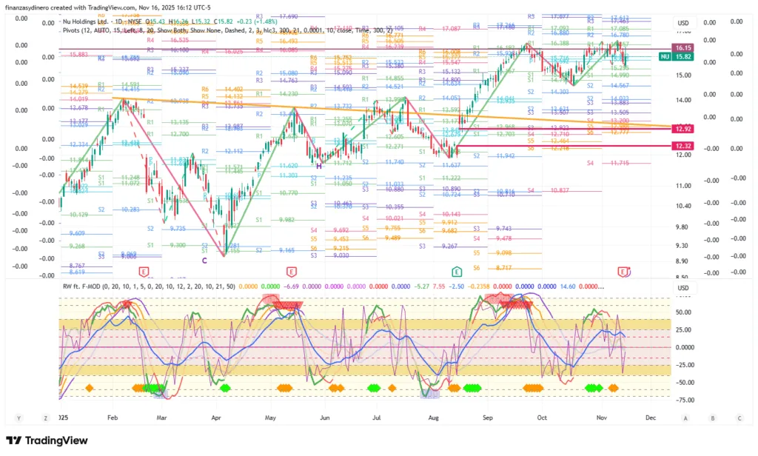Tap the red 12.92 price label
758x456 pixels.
[683, 129]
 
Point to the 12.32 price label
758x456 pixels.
[683, 147]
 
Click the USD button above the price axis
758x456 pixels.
[682, 23]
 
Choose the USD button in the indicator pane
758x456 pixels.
[682, 288]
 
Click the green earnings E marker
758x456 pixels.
[457, 272]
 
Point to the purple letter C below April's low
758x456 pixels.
[204, 260]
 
